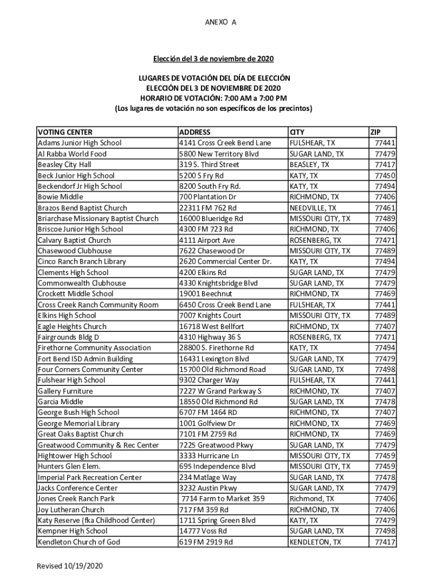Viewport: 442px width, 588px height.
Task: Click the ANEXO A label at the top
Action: tap(220, 22)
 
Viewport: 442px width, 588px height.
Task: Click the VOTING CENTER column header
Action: tap(65, 132)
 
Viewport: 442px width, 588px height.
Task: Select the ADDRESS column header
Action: tap(195, 132)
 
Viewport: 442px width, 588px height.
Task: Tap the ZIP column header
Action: tap(375, 132)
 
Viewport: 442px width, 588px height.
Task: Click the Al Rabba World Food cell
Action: tap(72, 154)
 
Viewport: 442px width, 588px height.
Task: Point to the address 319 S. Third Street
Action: tap(209, 165)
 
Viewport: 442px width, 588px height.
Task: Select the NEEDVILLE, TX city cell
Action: tap(313, 208)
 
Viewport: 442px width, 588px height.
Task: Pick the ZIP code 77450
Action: tap(385, 176)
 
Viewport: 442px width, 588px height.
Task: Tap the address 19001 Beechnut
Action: tap(205, 294)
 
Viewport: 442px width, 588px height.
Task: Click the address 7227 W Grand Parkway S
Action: tap(220, 391)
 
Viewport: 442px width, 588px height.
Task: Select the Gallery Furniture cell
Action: tap(65, 391)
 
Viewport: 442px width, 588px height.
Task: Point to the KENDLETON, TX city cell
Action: tap(315, 542)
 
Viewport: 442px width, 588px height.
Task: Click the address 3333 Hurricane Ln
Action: tap(209, 456)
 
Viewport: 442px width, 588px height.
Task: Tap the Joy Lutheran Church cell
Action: tap(71, 510)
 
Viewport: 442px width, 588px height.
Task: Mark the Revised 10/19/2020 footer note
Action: tap(71, 566)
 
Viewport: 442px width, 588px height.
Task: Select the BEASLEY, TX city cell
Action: tap(309, 165)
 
